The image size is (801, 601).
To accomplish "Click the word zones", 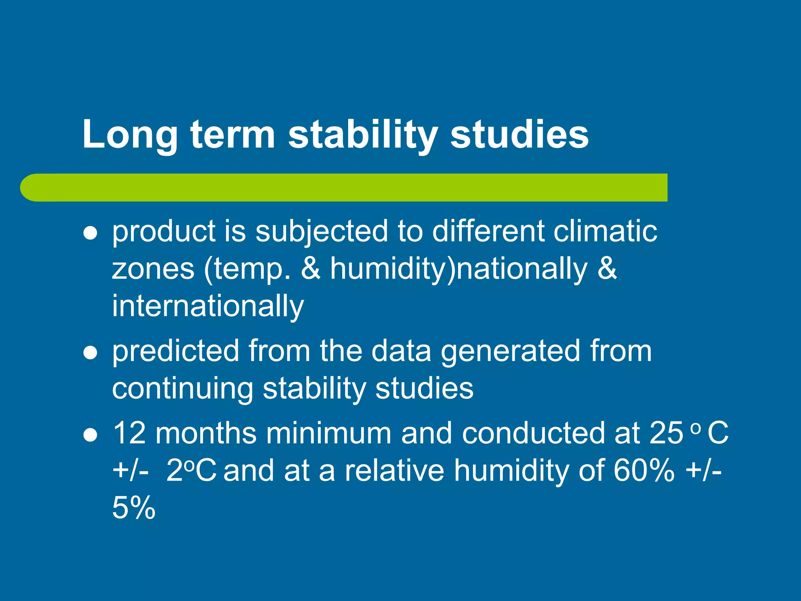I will click(153, 269).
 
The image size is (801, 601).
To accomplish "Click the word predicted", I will click(176, 351).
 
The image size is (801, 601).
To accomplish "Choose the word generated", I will click(511, 351).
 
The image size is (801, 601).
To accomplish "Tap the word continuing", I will click(182, 389).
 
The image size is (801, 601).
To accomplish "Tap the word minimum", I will click(329, 433).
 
